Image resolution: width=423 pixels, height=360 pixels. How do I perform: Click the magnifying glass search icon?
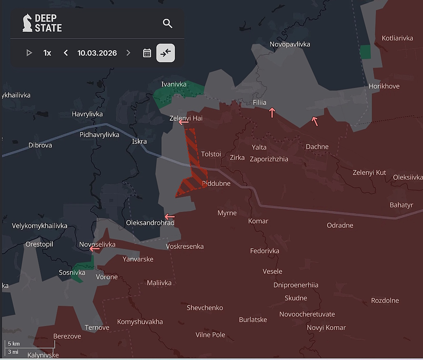tap(167, 23)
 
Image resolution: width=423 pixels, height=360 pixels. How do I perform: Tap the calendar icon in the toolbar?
tap(147, 53)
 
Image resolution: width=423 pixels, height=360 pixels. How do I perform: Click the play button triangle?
tap(29, 53)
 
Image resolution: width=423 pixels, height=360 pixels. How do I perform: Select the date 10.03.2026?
tap(97, 53)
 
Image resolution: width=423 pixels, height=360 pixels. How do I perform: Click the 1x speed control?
tap(47, 53)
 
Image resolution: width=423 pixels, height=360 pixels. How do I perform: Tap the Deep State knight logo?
tap(27, 23)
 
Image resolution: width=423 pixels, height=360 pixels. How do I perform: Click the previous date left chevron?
tap(66, 53)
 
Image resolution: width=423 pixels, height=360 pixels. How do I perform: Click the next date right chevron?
tap(128, 53)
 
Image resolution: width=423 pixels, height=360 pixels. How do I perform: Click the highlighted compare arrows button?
tap(165, 53)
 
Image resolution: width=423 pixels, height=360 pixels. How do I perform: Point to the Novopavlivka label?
tap(290, 44)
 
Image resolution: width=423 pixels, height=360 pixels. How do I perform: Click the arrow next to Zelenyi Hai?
tap(184, 122)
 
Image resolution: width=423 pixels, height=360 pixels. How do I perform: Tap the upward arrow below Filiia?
tap(272, 112)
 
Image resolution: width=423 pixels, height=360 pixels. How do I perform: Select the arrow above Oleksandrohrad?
tap(170, 217)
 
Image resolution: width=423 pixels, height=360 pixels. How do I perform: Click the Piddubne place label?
tap(216, 183)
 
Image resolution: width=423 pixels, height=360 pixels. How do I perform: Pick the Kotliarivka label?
tap(397, 38)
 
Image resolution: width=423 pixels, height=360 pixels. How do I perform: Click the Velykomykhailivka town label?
tap(40, 226)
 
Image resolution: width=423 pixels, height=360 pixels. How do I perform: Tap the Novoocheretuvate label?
tap(307, 314)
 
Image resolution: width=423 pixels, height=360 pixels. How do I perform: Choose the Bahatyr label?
tap(401, 205)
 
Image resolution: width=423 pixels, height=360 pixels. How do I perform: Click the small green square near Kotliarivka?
tap(365, 52)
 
